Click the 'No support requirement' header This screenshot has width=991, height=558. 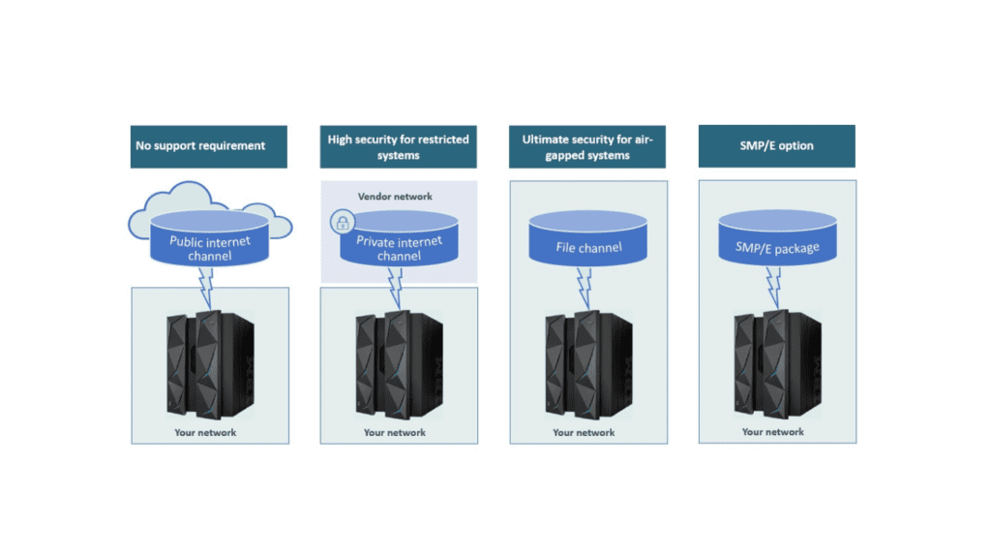(209, 146)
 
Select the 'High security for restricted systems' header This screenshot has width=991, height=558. (398, 147)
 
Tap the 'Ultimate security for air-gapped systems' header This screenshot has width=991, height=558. (587, 147)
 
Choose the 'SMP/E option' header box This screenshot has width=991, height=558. (776, 146)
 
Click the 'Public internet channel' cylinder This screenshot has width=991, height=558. (209, 240)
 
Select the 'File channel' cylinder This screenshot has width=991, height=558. (587, 242)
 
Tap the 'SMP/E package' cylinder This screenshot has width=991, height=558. (776, 242)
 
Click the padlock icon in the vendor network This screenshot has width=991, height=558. (341, 222)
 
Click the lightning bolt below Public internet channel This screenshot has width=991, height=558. (206, 285)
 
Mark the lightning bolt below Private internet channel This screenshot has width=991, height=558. (394, 285)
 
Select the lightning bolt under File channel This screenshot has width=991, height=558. (584, 285)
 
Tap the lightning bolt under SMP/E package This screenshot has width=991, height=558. (772, 285)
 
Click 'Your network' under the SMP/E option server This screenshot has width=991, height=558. (772, 432)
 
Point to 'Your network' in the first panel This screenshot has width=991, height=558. (205, 432)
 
